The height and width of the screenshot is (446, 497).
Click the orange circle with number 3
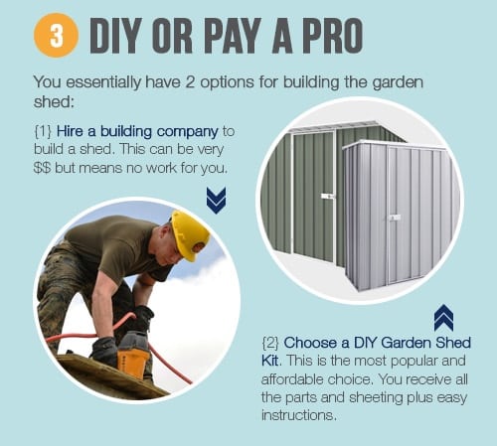click(57, 35)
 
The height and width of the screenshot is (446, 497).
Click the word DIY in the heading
click(113, 36)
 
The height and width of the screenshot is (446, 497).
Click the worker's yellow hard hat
click(190, 234)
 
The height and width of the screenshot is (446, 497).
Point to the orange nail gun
click(133, 355)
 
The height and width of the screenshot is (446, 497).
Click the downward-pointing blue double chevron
click(216, 200)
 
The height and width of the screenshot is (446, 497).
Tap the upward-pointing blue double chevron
click(443, 318)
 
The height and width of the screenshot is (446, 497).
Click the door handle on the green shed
click(327, 197)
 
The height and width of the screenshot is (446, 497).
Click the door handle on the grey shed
click(395, 218)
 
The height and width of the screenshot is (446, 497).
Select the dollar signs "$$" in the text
click(42, 168)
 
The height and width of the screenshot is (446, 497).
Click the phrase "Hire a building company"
click(137, 132)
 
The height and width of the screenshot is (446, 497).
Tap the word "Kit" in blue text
click(270, 361)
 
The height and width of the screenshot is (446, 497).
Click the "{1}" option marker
click(43, 131)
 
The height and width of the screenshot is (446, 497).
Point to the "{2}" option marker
click(270, 343)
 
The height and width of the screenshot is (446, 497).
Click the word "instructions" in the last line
click(297, 415)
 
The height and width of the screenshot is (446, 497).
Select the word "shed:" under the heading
click(53, 101)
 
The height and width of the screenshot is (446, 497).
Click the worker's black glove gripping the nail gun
click(104, 351)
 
